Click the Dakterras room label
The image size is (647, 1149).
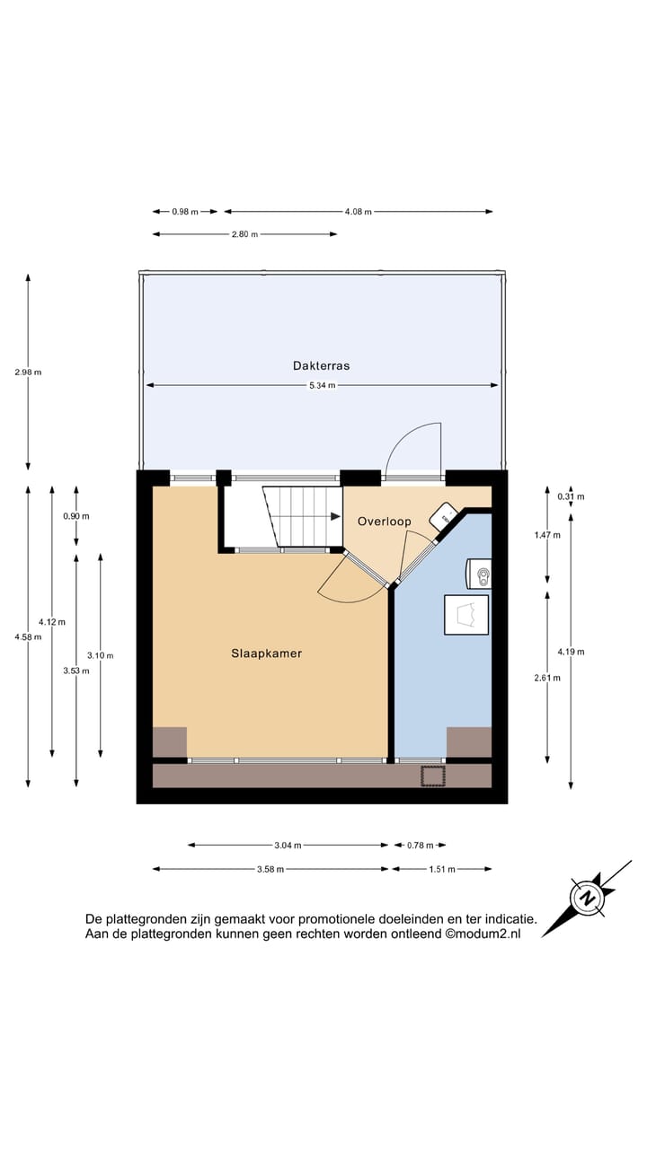pyautogui.click(x=321, y=365)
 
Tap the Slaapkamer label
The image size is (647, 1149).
pyautogui.click(x=266, y=653)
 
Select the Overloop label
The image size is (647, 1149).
pyautogui.click(x=384, y=521)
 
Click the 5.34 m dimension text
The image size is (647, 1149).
pyautogui.click(x=321, y=386)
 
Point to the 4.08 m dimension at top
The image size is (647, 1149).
pyautogui.click(x=358, y=212)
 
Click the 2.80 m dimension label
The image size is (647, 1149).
pyautogui.click(x=244, y=234)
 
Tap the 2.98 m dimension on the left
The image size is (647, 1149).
pyautogui.click(x=28, y=372)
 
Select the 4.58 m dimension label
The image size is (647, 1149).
pyautogui.click(x=28, y=636)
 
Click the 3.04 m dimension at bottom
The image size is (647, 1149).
pyautogui.click(x=288, y=845)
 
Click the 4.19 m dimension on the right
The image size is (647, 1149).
pyautogui.click(x=571, y=652)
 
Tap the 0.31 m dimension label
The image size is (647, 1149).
pyautogui.click(x=571, y=496)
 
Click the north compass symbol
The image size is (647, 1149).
pyautogui.click(x=588, y=897)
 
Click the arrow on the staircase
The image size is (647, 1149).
pyautogui.click(x=333, y=516)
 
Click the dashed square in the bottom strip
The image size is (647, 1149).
pyautogui.click(x=433, y=776)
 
